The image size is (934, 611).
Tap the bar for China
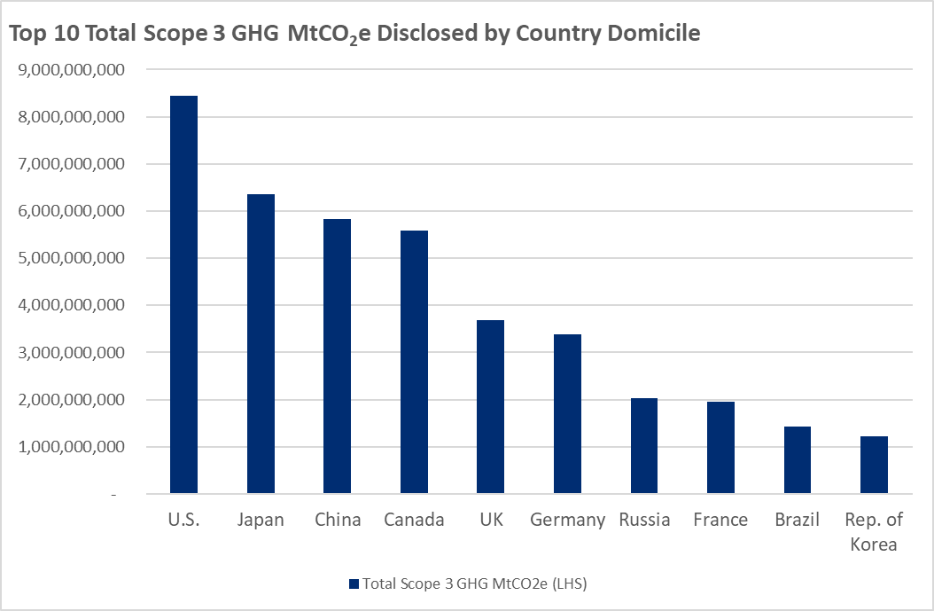337,356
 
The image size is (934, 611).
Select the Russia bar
644,445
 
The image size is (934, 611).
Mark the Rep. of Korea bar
874,465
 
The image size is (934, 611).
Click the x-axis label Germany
567,520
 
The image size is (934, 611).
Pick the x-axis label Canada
414,520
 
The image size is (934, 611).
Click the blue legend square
354,584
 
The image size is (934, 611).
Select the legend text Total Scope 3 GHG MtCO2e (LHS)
472,584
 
